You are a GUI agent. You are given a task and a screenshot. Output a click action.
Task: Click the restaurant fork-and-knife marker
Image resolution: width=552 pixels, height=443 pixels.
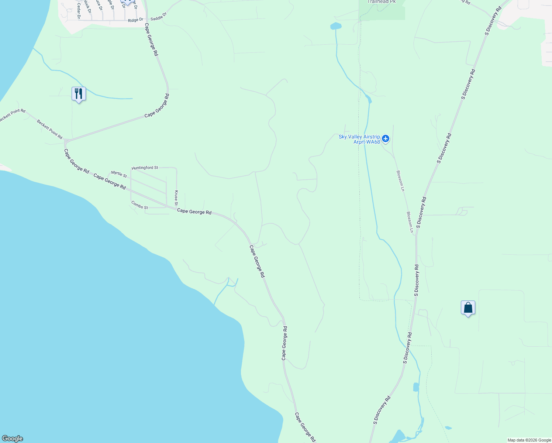[x=79, y=94]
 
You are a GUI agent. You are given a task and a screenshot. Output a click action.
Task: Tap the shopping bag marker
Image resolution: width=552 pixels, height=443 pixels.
[x=468, y=308]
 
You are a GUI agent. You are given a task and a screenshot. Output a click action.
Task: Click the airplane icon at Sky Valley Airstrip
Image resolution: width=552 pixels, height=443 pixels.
[x=386, y=138]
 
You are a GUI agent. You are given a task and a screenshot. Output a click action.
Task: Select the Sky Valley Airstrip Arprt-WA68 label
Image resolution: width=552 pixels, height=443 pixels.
[x=359, y=139]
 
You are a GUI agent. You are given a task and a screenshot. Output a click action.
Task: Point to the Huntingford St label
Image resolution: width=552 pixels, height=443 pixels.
[x=145, y=168]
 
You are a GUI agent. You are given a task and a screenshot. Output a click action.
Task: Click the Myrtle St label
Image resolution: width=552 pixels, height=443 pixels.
[x=119, y=174]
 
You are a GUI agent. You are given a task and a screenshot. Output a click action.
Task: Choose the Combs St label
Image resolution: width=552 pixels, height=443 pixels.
[x=139, y=205]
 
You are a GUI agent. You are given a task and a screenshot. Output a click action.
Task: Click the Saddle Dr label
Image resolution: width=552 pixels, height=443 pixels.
[x=159, y=16]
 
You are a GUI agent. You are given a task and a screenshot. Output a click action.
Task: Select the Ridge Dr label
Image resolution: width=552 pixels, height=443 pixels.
[x=135, y=20]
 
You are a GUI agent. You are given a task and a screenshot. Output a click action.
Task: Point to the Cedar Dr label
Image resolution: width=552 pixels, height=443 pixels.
[x=79, y=11]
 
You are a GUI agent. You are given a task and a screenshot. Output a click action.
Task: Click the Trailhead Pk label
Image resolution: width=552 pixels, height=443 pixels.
[x=382, y=2]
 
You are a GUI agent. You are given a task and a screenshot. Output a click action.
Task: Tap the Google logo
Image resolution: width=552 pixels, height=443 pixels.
[x=13, y=439]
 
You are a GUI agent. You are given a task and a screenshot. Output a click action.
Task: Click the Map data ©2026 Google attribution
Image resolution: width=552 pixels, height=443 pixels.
[x=529, y=440]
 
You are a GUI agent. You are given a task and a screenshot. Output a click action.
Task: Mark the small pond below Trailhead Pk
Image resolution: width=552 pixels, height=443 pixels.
[x=336, y=26]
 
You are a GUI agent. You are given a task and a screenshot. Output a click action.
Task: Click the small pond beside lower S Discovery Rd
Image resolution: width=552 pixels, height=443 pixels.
[x=416, y=387]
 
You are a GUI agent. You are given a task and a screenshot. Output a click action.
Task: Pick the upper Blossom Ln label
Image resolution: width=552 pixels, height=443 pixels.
[x=400, y=181]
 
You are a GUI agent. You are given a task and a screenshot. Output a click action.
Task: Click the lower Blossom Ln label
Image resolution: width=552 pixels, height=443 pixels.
[x=410, y=222]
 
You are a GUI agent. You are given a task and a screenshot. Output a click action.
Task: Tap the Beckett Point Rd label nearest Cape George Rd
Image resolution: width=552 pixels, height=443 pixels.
[x=49, y=129]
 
